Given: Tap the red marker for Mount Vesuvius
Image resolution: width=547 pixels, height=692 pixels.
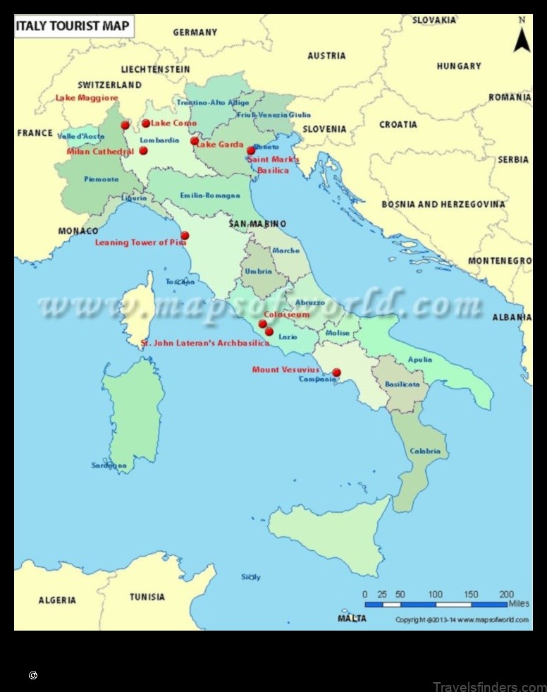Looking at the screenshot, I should coord(336,372).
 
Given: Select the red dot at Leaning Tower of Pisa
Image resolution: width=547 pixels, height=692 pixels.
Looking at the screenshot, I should coord(185,236).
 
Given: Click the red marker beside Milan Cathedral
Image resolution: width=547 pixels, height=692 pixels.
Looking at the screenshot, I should coord(143,150).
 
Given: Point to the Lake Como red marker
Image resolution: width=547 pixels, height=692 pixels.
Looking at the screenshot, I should coord(146,123).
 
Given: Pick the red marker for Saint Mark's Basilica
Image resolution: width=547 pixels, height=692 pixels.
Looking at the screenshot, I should coord(250,150).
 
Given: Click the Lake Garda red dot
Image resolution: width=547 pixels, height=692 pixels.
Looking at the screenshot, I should coord(195,141).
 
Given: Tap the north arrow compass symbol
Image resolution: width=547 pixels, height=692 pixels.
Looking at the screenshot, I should coord(521,37).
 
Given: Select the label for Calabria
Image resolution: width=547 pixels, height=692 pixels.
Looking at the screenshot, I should coord(425,451).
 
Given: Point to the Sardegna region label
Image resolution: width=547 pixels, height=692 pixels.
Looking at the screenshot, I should coord(109,466).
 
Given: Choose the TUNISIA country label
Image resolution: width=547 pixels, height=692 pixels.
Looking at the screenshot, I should coord(147,597).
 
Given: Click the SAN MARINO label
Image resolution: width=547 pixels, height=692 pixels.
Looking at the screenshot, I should coord(257,224).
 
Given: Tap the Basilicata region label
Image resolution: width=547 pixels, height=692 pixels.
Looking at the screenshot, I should coord(402,384).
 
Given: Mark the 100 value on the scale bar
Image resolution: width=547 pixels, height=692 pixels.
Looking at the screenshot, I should coord(436,594).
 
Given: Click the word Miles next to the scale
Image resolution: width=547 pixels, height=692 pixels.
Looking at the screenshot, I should coord(518,604).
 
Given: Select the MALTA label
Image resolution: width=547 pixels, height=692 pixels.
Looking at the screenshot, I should coord(352,619).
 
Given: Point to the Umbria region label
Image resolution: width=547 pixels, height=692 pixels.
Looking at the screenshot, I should coord(259,271).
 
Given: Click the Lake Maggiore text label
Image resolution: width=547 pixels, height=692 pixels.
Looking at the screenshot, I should coord(88,98).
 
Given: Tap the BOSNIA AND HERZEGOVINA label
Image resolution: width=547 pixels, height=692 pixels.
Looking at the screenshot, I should coord(443,205).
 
